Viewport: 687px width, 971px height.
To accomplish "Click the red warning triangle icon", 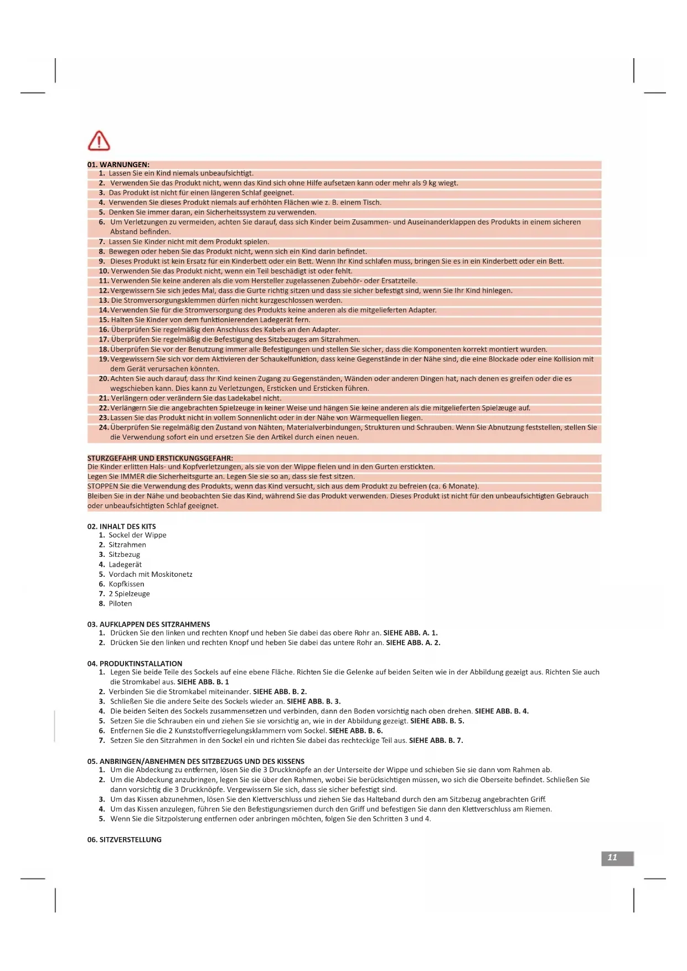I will tap(99, 141).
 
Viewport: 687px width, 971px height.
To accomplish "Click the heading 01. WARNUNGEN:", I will tap(118, 164).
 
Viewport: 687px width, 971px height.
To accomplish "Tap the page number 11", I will tap(612, 858).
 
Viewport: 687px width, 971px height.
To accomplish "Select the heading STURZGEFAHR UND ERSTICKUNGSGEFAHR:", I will tap(160, 458).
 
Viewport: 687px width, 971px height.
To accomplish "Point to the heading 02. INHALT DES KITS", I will tap(121, 526).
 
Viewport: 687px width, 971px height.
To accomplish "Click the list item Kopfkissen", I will tap(126, 584).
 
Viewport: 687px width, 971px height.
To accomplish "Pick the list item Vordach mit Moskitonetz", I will tap(151, 574).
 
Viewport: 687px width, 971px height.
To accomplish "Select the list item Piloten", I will tap(120, 603).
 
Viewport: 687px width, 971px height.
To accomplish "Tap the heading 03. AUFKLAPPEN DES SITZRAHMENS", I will tap(148, 624).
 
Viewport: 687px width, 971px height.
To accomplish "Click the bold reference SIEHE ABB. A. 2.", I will tap(413, 643).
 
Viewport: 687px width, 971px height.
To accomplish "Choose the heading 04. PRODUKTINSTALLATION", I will tap(135, 663).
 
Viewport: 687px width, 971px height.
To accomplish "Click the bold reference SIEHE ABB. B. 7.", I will tap(436, 740).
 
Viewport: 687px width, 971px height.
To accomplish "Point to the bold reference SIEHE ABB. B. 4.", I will tap(502, 711).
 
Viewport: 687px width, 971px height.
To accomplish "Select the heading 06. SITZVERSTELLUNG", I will tap(124, 839).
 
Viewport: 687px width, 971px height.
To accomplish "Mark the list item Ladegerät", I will tap(125, 565).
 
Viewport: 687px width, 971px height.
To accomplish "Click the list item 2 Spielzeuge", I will tap(129, 593).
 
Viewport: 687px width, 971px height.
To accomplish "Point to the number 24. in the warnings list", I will tap(104, 427).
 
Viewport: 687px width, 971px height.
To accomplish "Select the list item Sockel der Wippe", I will tap(137, 535).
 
